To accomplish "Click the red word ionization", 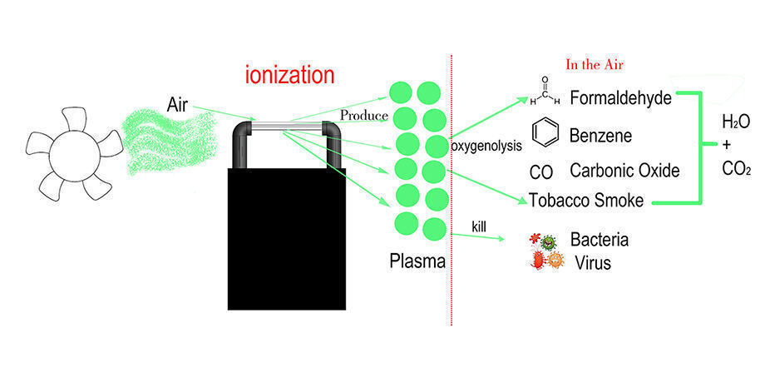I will pyautogui.click(x=289, y=75).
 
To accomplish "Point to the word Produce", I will pyautogui.click(x=364, y=113).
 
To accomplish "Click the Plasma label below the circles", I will pyautogui.click(x=417, y=261).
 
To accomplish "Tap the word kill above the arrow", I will pyautogui.click(x=479, y=226).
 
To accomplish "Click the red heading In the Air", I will pyautogui.click(x=595, y=64).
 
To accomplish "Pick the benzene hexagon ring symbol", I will pyautogui.click(x=544, y=133).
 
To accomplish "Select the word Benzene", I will pyautogui.click(x=600, y=135).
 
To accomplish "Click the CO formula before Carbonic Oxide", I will pyautogui.click(x=541, y=172).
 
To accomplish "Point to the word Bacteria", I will pyautogui.click(x=599, y=241).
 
